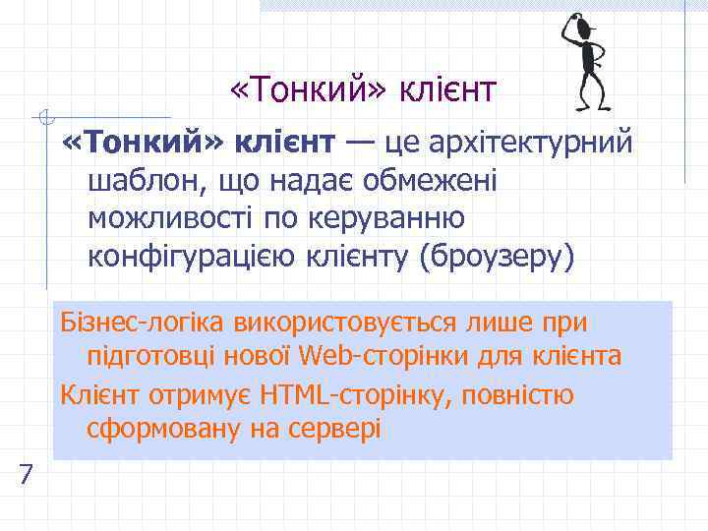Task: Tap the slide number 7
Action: pos(27,476)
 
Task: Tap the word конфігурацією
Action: pos(187,257)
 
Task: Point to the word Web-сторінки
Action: pos(370,355)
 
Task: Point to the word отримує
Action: pos(193,396)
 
